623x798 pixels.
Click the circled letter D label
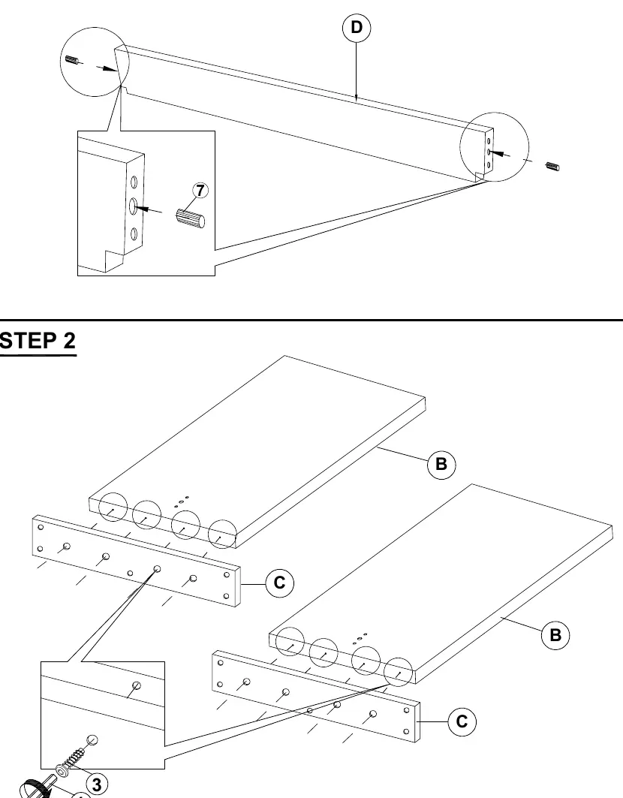coord(357,28)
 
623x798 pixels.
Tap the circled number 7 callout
coord(200,191)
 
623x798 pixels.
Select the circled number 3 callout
coord(97,784)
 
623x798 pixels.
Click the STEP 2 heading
coord(38,341)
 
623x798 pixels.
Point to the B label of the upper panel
coord(441,464)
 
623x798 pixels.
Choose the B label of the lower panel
coord(555,635)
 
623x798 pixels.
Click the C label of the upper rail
coord(279,583)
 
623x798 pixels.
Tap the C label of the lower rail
coord(462,721)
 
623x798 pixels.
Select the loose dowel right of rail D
coord(552,167)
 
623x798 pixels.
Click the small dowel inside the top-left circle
coord(72,60)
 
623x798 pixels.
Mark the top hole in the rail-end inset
coord(134,182)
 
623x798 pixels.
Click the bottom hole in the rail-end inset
coord(134,234)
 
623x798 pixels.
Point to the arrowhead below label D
coord(357,97)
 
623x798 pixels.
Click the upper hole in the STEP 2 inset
coord(137,685)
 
